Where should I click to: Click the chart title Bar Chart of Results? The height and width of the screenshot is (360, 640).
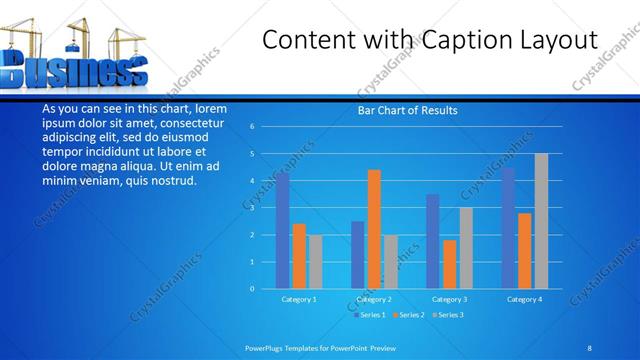coord(407,110)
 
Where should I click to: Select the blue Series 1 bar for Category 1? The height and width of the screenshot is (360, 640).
coord(282,230)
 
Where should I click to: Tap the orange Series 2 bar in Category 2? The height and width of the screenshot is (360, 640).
coord(374,228)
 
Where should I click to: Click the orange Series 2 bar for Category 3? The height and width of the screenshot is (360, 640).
coord(449,264)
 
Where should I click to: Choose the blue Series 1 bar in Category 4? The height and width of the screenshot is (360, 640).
coord(508,227)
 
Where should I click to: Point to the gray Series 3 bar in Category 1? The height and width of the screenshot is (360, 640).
coord(316,261)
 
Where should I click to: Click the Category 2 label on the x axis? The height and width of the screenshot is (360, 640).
coord(374,299)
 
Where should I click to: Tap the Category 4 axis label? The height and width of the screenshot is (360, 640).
coord(524,299)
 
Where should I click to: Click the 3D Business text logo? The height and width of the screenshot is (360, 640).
coord(75,72)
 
